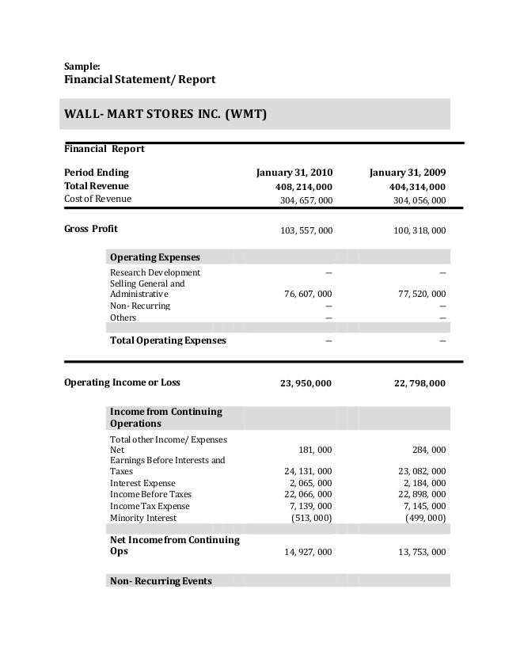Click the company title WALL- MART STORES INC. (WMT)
[165, 114]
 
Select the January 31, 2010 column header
[294, 172]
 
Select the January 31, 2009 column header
[407, 172]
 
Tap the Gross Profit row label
[90, 230]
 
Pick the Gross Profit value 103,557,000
[306, 230]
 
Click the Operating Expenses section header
[154, 258]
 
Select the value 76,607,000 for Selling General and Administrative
[308, 294]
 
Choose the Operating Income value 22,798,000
[419, 383]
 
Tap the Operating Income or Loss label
[121, 382]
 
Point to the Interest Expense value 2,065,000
[311, 483]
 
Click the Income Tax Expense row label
[150, 506]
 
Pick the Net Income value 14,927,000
[308, 553]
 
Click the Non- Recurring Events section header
[161, 581]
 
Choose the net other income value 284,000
[428, 450]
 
